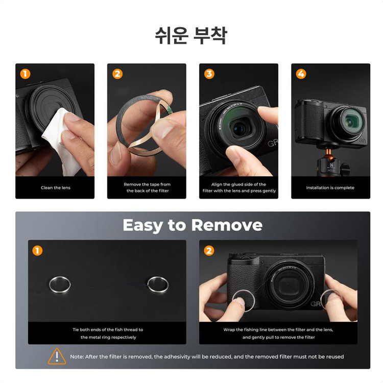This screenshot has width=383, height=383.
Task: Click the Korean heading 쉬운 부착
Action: pyautogui.click(x=192, y=36)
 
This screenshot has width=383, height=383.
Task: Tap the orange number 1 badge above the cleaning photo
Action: pyautogui.click(x=25, y=74)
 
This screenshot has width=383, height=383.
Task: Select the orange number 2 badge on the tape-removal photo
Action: pyautogui.click(x=117, y=74)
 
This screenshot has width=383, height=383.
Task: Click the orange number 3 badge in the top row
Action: pyautogui.click(x=209, y=74)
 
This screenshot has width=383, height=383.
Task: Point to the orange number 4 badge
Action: pyautogui.click(x=301, y=74)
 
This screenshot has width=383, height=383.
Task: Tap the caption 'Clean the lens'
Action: pyautogui.click(x=56, y=187)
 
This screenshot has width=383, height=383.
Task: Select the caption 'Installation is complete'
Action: pyautogui.click(x=330, y=187)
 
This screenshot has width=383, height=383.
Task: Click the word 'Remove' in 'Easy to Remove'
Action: pyautogui.click(x=227, y=225)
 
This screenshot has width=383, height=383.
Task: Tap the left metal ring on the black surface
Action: pyautogui.click(x=60, y=284)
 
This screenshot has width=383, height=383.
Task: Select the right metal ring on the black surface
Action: pyautogui.click(x=158, y=284)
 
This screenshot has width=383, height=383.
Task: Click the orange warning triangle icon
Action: pyautogui.click(x=57, y=356)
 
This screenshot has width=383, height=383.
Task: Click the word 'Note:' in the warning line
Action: pyautogui.click(x=77, y=356)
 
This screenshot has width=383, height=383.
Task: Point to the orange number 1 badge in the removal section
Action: pyautogui.click(x=37, y=251)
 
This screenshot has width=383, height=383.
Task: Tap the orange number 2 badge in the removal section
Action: pyautogui.click(x=209, y=251)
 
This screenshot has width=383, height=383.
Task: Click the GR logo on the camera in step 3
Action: pyautogui.click(x=273, y=143)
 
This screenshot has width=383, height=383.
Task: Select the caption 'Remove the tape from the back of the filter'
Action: pyautogui.click(x=147, y=187)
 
